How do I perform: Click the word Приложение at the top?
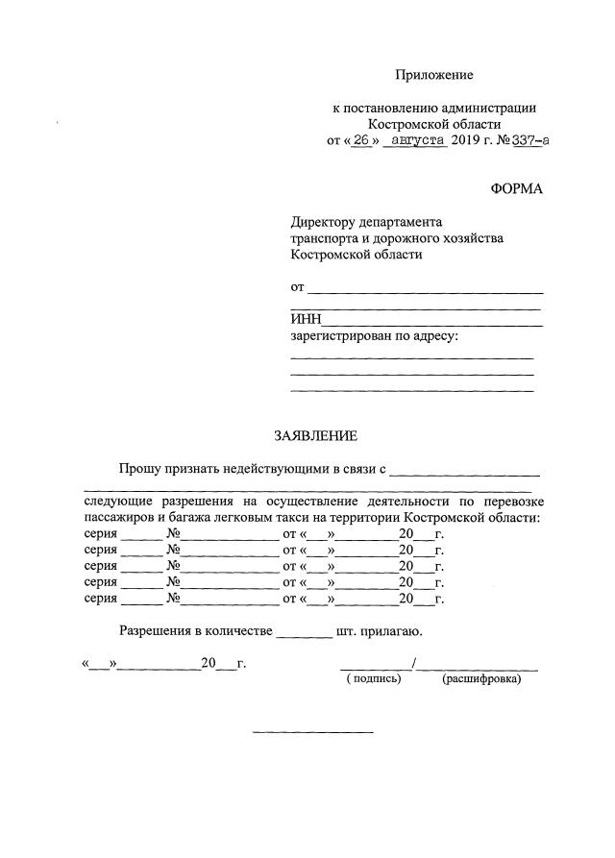pos(435,75)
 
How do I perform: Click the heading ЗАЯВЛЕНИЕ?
pos(316,436)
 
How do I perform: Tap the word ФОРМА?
pos(516,188)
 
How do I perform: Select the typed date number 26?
pos(361,140)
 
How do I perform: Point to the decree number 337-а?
pos(528,140)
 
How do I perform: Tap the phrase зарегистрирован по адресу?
pos(374,336)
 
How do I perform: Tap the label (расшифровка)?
pos(481,679)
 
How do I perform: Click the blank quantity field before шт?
pos(303,635)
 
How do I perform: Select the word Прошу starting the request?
pos(138,469)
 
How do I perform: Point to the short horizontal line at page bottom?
pos(312,733)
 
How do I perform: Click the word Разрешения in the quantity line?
pos(155,631)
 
